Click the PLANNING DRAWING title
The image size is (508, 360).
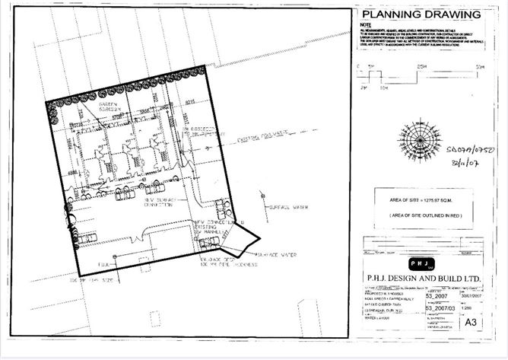pos(421,14)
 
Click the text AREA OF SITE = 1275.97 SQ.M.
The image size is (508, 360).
pos(420,201)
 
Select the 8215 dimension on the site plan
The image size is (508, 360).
pos(190,99)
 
